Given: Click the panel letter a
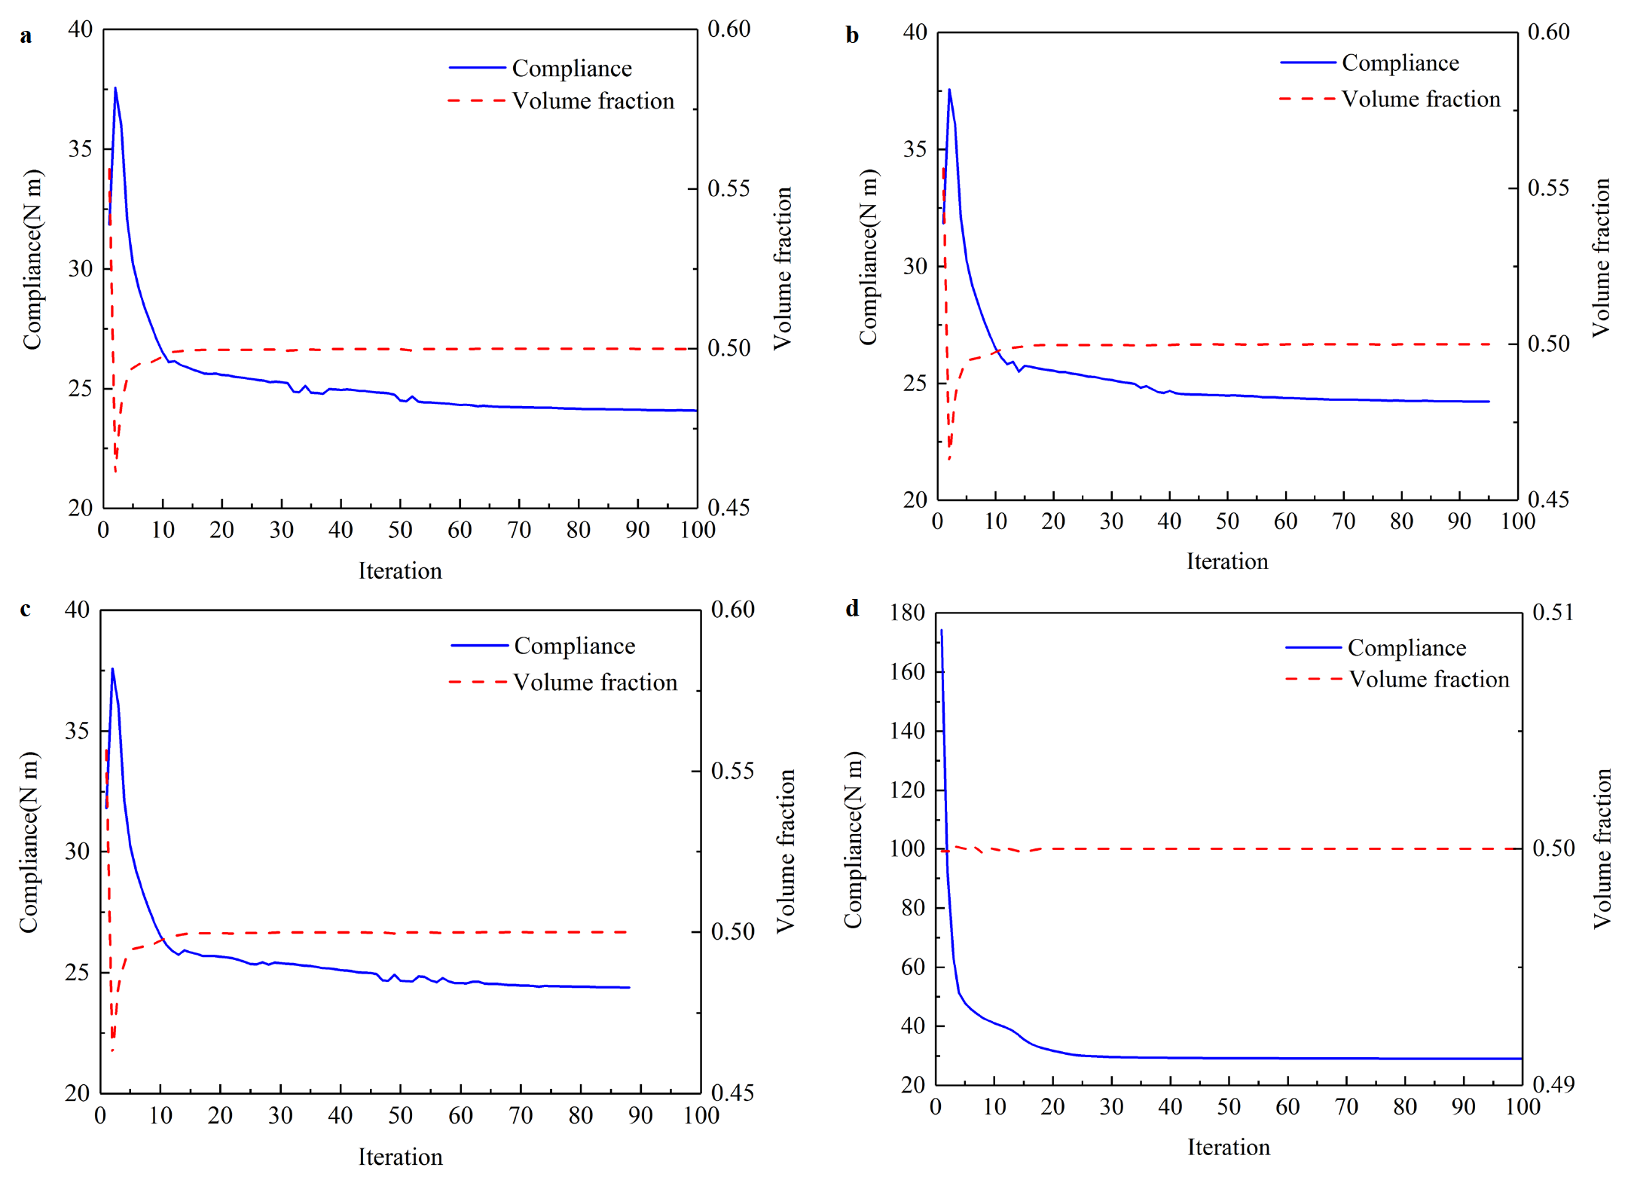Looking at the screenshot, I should click(x=26, y=35).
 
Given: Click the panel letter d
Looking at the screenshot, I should click(x=852, y=608).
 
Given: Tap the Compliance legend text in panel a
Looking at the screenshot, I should click(x=572, y=69).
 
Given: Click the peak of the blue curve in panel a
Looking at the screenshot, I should click(x=115, y=87).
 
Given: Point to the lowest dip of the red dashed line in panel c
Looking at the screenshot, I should click(x=112, y=1050).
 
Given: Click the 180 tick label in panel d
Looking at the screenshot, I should click(x=907, y=613).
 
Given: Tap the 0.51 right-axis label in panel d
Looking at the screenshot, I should click(x=1553, y=612).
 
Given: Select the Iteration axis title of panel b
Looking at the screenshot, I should click(x=1227, y=561).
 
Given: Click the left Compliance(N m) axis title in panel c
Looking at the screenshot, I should click(x=29, y=842).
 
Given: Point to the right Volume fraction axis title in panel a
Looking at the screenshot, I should click(x=783, y=268).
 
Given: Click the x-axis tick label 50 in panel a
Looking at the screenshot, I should click(x=400, y=530).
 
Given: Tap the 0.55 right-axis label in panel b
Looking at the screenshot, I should click(x=1549, y=188).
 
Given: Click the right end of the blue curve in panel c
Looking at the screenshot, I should click(x=629, y=987).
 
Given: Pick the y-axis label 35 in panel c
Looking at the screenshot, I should click(x=77, y=731).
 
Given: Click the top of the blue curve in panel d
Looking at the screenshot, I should click(x=941, y=631).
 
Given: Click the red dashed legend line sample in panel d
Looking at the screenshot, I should click(x=1313, y=679).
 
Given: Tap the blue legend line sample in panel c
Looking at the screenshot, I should click(x=479, y=646).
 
